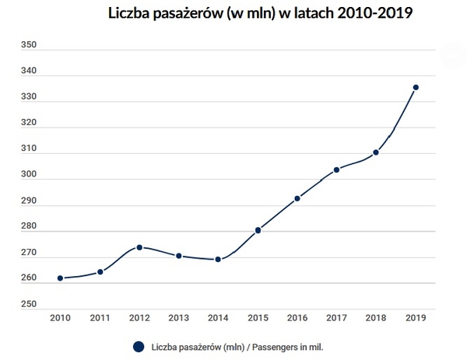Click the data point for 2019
pyautogui.click(x=416, y=87)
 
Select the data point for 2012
pyautogui.click(x=139, y=247)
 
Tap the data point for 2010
pyautogui.click(x=60, y=278)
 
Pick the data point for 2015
pyautogui.click(x=258, y=230)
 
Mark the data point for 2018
pyautogui.click(x=376, y=152)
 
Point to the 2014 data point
pyautogui.click(x=218, y=260)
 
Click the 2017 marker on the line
pyautogui.click(x=336, y=170)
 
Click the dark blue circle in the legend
pyautogui.click(x=139, y=347)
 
